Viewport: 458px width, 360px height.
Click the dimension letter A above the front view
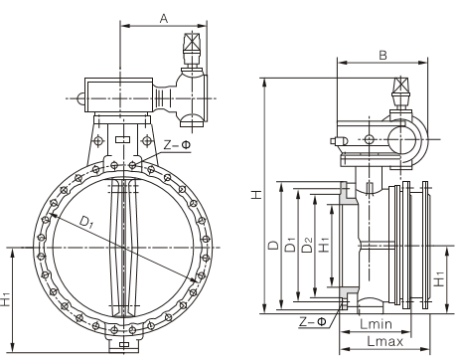pos(164,18)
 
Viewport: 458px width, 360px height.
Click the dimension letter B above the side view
pos(382,55)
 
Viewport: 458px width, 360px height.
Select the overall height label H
pos(256,194)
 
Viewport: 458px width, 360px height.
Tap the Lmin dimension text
pos(376,324)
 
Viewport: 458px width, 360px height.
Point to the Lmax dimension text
pos(385,341)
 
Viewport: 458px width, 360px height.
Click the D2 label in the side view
pos(308,245)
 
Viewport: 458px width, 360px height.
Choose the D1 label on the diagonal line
pos(86,222)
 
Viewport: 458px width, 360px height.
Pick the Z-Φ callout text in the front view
pos(178,145)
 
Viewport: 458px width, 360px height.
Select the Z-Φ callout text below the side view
pos(313,321)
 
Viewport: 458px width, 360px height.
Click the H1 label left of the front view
pos(6,299)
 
